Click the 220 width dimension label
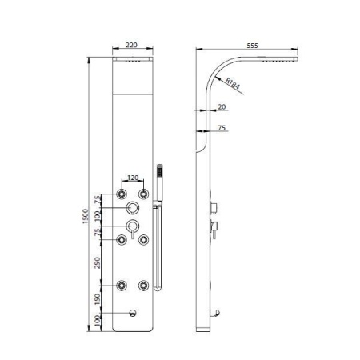pyautogui.click(x=131, y=45)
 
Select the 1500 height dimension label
pyautogui.click(x=85, y=216)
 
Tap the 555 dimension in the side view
pyautogui.click(x=252, y=46)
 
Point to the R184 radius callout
pyautogui.click(x=233, y=83)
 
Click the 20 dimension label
pyautogui.click(x=222, y=107)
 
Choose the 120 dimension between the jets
pyautogui.click(x=133, y=178)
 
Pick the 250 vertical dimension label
pyautogui.click(x=98, y=262)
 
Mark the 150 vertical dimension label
pyautogui.click(x=98, y=299)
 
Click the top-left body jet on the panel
pyautogui.click(x=122, y=194)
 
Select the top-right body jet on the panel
pyautogui.click(x=143, y=194)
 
